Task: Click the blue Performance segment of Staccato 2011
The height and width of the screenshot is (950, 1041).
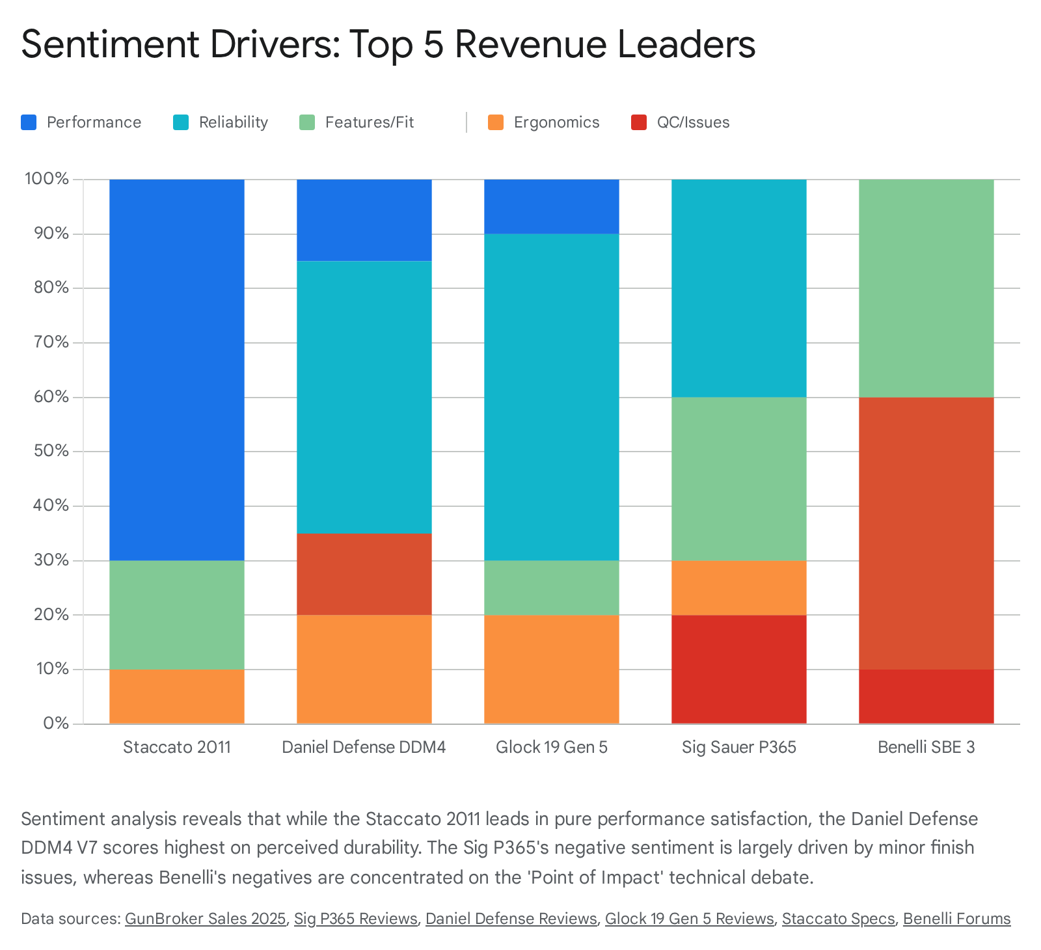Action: pos(176,369)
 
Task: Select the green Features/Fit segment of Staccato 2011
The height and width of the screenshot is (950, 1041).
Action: pos(176,615)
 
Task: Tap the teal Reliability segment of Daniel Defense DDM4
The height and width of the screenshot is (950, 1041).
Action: pos(364,397)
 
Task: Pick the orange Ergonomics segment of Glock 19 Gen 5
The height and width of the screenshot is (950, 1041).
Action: pos(551,669)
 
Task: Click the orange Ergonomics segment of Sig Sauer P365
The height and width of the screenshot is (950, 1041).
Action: pos(738,588)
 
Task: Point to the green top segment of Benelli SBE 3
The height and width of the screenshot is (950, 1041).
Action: pos(926,288)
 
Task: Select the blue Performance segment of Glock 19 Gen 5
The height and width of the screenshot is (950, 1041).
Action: pos(551,206)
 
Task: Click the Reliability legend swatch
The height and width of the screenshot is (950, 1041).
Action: pos(181,122)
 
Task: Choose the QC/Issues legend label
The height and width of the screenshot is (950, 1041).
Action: pos(693,122)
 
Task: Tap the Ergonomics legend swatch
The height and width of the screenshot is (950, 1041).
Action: pos(496,122)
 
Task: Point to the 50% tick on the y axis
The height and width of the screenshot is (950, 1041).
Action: pos(47,451)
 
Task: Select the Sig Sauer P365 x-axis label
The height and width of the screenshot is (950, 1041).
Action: pos(738,747)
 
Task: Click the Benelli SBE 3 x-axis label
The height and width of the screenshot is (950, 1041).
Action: pos(926,747)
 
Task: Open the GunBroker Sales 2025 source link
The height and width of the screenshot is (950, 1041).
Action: pos(206,919)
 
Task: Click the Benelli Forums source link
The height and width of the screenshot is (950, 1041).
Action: pos(956,919)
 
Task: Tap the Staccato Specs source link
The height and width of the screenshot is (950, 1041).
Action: pos(838,919)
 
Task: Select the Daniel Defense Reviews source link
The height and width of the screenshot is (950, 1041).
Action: pos(511,919)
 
